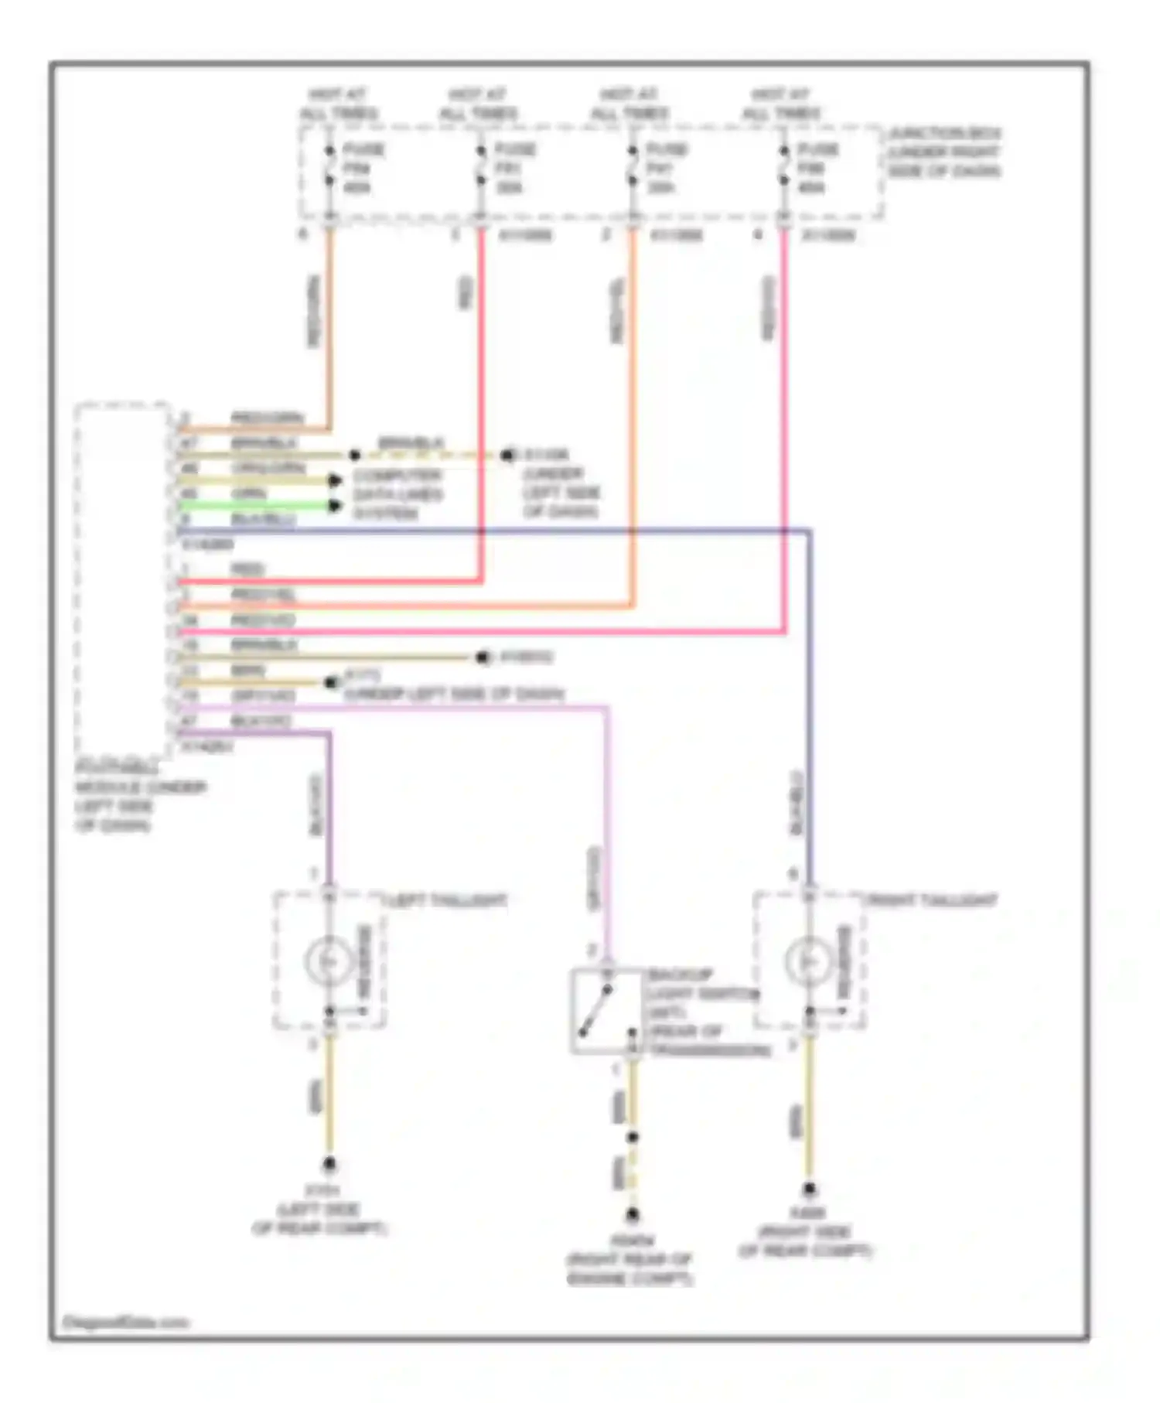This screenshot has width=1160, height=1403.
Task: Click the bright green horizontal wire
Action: (x=255, y=506)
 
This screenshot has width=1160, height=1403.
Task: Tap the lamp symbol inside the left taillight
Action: (x=329, y=961)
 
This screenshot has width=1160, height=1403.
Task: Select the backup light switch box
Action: (x=607, y=1011)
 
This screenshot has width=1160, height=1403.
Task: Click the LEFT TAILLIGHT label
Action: (x=446, y=901)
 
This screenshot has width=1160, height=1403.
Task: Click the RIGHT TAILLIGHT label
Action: (x=931, y=901)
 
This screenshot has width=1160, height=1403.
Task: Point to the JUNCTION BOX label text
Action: (x=944, y=152)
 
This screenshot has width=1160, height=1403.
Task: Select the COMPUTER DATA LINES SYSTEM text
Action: (x=397, y=494)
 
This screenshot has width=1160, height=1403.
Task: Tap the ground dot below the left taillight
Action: (x=329, y=1165)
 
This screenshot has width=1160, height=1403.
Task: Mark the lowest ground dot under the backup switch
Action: (x=633, y=1214)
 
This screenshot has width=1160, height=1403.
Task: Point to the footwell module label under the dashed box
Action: (x=139, y=797)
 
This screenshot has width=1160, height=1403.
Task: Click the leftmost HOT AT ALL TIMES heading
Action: (x=338, y=104)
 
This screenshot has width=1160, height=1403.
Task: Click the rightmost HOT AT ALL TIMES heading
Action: (x=781, y=104)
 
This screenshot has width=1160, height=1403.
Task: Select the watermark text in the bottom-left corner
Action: (x=125, y=1323)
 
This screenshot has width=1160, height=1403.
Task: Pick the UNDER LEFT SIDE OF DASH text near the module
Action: (x=454, y=694)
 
